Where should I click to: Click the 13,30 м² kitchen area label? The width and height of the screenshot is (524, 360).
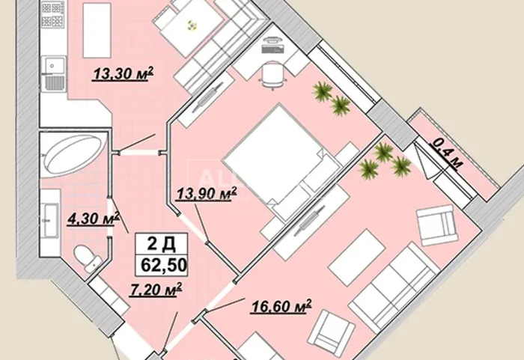pos(123,73)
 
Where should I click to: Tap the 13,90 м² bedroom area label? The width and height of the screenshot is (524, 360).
pos(206,194)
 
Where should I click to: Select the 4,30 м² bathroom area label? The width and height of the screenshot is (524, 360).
pos(94,219)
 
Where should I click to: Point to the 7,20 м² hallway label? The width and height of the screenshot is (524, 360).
pos(156,290)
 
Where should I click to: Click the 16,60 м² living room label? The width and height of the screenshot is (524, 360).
pos(281,307)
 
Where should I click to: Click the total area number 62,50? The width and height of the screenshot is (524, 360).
pos(164,265)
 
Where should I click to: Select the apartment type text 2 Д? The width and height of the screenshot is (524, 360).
pos(162,244)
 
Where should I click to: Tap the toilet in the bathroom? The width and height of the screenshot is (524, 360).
pos(88,258)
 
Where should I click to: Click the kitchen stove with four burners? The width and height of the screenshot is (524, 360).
pos(53,15)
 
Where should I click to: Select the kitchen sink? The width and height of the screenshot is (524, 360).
pos(53,74)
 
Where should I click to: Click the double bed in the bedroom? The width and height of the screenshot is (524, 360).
pos(282,162)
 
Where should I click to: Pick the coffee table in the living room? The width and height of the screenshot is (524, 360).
pos(356,256)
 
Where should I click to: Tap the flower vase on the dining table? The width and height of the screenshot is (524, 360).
pos(192,25)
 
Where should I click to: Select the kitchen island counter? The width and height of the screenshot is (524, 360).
pos(97,30)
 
